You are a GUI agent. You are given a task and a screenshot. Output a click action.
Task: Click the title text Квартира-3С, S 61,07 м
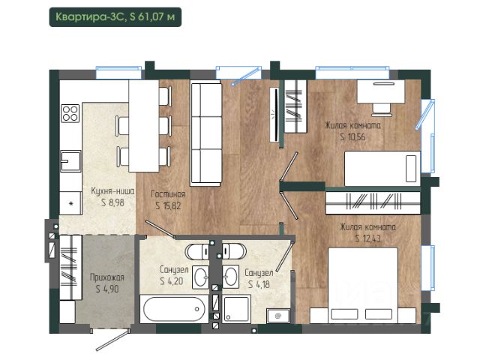pyautogui.click(x=115, y=16)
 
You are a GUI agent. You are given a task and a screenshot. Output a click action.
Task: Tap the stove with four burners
pyautogui.click(x=70, y=113)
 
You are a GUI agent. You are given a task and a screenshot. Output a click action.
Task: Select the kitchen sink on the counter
pyautogui.click(x=70, y=160)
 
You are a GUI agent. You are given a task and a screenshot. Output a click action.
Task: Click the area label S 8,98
pyautogui.click(x=112, y=202)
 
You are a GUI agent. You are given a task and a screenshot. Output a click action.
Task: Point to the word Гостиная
pyautogui.click(x=168, y=194)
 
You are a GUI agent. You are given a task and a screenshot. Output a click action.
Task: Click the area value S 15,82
pyautogui.click(x=168, y=205)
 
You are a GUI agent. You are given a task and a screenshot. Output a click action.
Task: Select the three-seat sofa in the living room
pyautogui.click(x=205, y=134)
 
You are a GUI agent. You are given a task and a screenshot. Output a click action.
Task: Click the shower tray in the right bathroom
pyautogui.click(x=236, y=309)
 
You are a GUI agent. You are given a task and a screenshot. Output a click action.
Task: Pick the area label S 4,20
pyautogui.click(x=172, y=281)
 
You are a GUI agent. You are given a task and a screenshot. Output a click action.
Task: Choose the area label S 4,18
pyautogui.click(x=259, y=284)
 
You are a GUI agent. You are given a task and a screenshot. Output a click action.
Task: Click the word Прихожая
pyautogui.click(x=107, y=277)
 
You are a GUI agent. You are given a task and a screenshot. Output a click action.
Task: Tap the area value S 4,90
pyautogui.click(x=107, y=289)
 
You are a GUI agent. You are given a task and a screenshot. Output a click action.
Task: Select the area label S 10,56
pyautogui.click(x=352, y=136)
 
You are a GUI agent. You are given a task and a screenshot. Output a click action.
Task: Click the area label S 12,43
pyautogui.click(x=368, y=238)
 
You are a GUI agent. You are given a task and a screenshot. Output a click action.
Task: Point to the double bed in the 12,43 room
pyautogui.click(x=363, y=285)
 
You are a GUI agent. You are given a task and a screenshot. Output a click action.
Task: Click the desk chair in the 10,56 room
pyautogui.click(x=382, y=109)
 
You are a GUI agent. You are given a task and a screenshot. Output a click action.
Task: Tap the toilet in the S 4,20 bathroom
pyautogui.click(x=198, y=252)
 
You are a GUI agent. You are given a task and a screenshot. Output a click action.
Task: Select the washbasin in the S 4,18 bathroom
pyautogui.click(x=230, y=277)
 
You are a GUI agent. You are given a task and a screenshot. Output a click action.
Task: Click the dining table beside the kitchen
pyautogui.click(x=144, y=126)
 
